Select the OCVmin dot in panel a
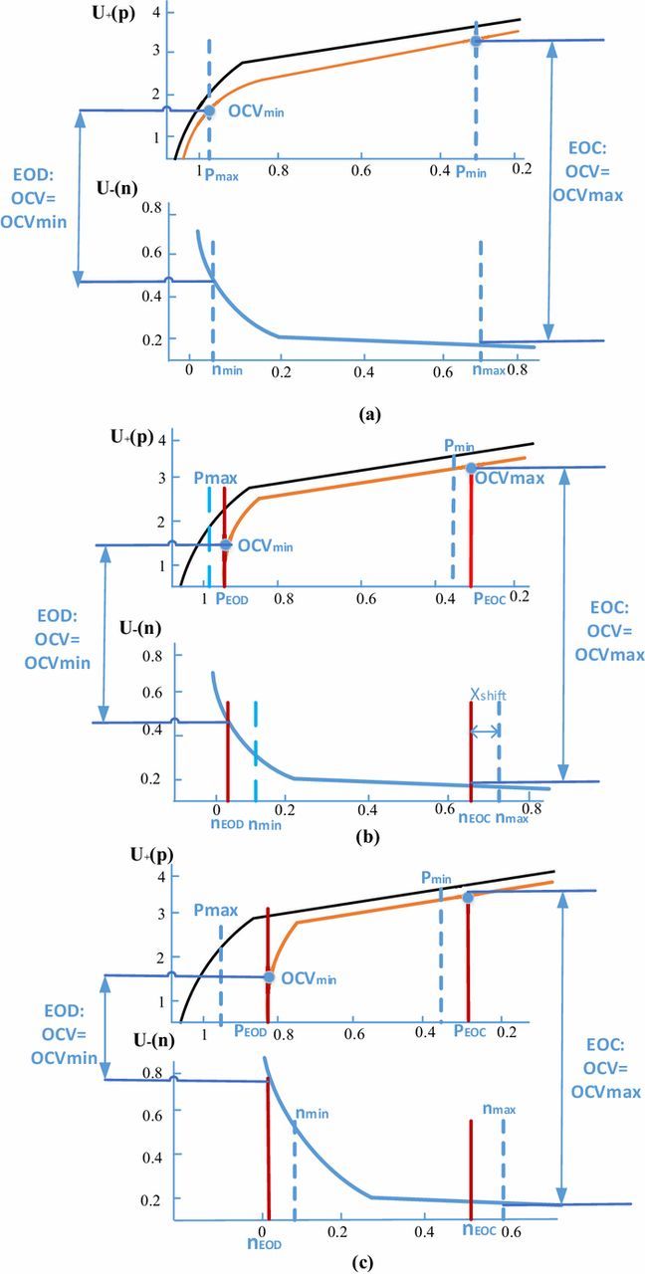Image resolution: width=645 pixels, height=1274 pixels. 209,111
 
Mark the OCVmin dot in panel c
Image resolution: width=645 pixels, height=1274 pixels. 268,977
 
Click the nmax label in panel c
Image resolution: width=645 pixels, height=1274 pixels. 497,1108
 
